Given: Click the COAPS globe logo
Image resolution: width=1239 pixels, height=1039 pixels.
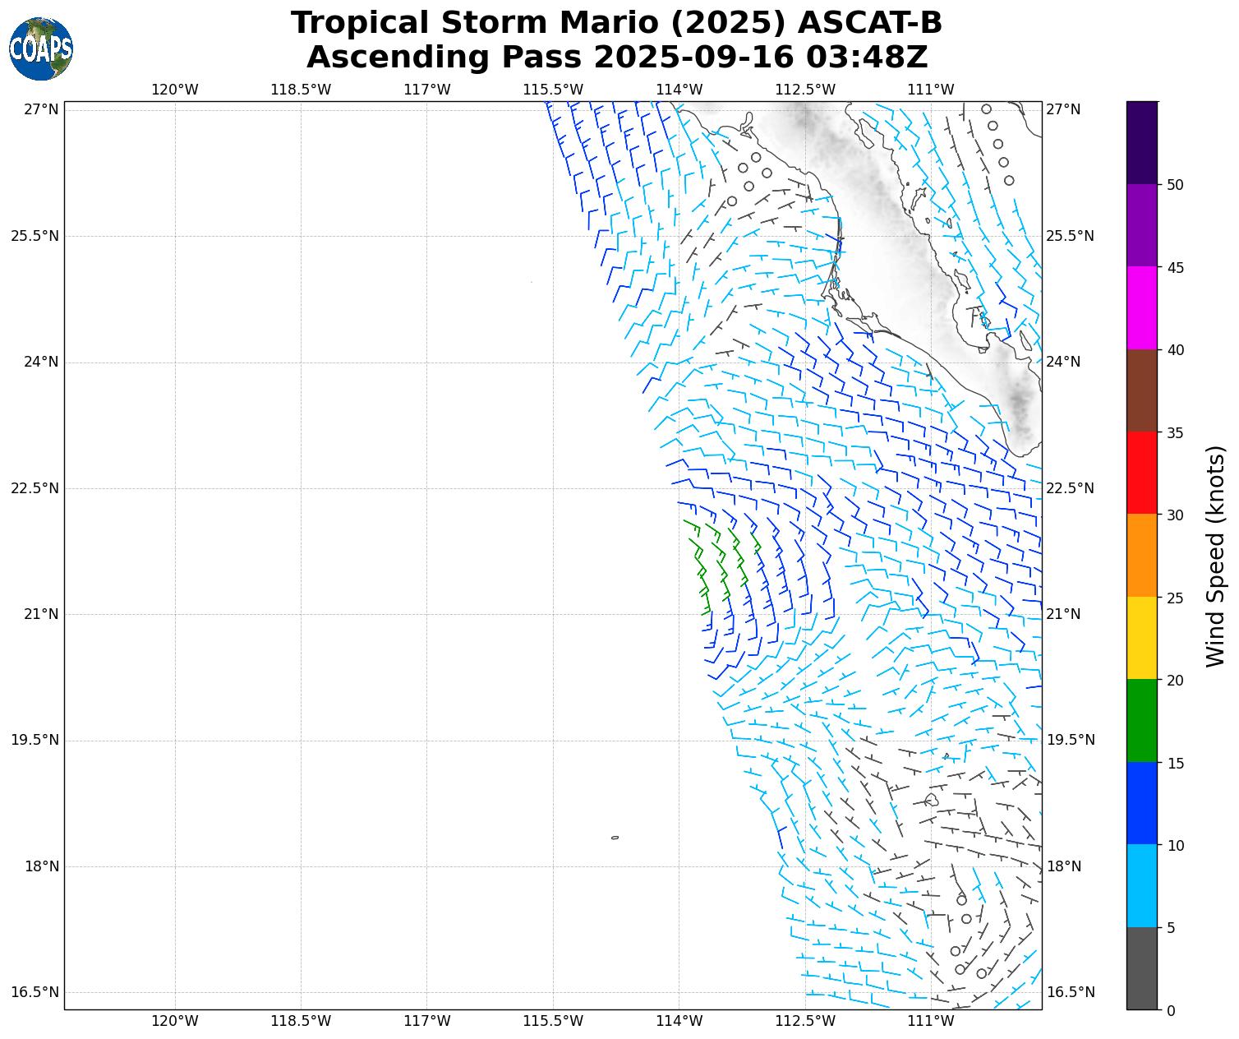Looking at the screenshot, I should tap(41, 49).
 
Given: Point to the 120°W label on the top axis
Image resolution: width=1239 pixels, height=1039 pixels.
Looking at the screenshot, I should tap(175, 90).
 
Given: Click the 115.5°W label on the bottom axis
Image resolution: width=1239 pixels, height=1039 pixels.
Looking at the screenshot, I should tap(553, 1021).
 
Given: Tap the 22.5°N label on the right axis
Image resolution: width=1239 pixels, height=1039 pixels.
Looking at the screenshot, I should tap(1070, 488).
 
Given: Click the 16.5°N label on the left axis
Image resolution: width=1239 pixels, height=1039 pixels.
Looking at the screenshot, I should tap(35, 992).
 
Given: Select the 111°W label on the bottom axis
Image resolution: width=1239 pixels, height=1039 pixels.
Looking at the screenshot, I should tap(931, 1021).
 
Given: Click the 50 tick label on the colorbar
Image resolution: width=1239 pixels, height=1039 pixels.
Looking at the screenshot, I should tap(1176, 185).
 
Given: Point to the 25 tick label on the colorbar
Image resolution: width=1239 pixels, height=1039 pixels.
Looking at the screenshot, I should tap(1176, 598).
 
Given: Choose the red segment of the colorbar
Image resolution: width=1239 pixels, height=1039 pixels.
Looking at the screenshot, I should tap(1141, 473).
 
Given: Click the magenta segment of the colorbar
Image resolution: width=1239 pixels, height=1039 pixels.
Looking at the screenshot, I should tap(1141, 308).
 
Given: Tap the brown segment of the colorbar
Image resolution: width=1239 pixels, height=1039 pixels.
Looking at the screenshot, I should tap(1141, 390).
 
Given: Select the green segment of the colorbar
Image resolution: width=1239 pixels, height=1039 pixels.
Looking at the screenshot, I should tap(1141, 720).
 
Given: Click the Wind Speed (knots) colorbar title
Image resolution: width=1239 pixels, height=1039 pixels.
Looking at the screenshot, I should tap(1215, 556).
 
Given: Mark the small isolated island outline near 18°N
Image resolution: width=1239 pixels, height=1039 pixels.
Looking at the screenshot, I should tap(615, 838).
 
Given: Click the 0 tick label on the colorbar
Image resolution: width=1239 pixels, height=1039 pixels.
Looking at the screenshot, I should tap(1172, 1010).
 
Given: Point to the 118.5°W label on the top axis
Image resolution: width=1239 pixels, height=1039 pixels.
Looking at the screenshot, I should tap(301, 90).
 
